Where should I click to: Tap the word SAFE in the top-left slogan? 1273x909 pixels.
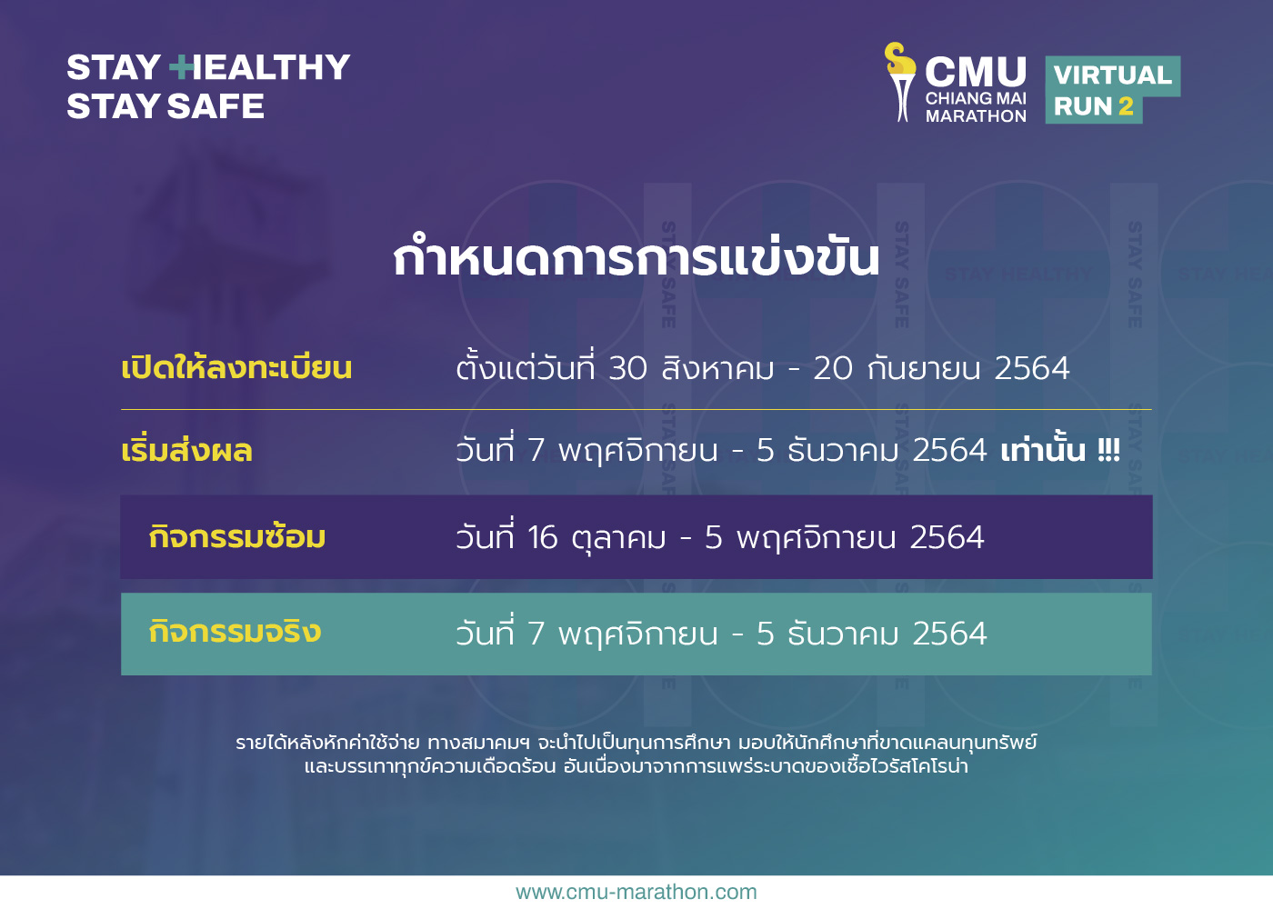(x=216, y=106)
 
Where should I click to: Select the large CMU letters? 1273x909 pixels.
(x=975, y=72)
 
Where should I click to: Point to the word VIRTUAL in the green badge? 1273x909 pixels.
(x=1113, y=75)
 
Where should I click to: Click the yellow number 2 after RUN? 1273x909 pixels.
(x=1126, y=106)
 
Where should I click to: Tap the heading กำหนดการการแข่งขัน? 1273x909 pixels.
(x=636, y=256)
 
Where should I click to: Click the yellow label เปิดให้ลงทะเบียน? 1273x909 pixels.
(x=236, y=366)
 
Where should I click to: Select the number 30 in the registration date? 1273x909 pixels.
(x=628, y=368)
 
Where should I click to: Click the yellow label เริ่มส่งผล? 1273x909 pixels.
(x=187, y=449)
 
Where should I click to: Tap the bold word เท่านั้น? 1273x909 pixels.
(x=1043, y=449)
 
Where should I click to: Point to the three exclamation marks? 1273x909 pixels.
(x=1108, y=451)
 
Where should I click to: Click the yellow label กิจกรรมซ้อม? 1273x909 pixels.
(x=237, y=535)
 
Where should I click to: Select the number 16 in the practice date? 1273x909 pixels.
(x=543, y=537)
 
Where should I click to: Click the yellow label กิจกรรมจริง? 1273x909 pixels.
(x=235, y=631)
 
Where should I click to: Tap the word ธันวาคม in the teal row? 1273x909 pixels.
(x=844, y=633)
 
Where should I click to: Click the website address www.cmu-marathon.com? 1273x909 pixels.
(x=636, y=892)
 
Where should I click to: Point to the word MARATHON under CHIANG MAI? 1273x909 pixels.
(x=976, y=116)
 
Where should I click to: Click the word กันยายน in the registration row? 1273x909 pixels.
(x=924, y=367)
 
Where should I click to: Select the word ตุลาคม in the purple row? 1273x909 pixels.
(x=619, y=538)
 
